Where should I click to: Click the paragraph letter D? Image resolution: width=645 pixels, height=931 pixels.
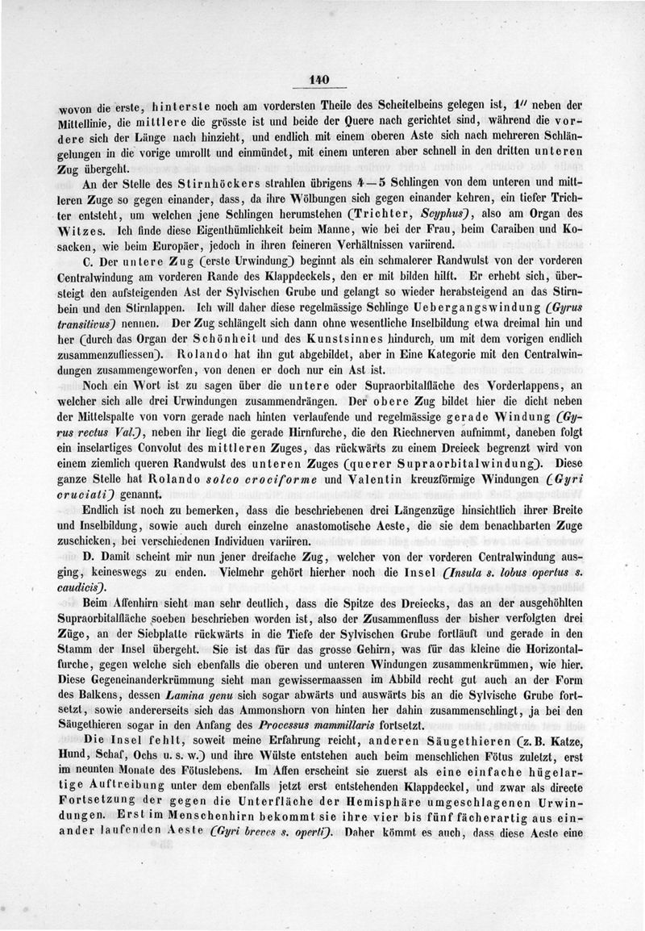89,560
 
